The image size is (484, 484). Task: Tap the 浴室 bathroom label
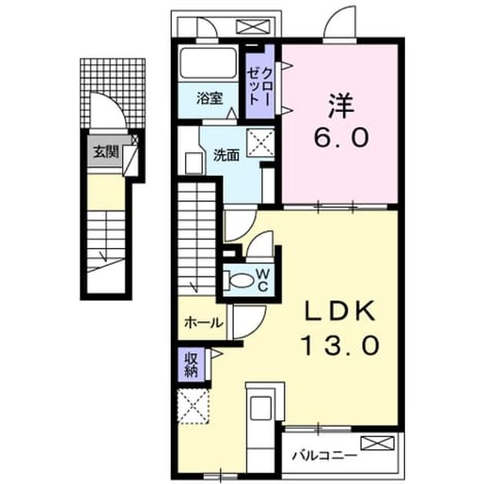(210, 98)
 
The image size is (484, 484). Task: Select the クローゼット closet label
(260, 87)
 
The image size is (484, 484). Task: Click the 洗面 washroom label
(227, 155)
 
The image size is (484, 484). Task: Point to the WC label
(263, 280)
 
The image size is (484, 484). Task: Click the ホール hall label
(204, 323)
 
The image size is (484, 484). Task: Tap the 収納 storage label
(191, 365)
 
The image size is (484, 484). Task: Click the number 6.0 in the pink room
(341, 137)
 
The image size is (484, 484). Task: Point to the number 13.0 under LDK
(340, 345)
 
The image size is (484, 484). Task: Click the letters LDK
(340, 311)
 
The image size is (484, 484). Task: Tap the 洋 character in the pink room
(341, 106)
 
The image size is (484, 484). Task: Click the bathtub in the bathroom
(208, 63)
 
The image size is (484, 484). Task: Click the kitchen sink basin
(261, 408)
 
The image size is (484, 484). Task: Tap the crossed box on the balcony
(378, 443)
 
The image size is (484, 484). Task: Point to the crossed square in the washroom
(261, 143)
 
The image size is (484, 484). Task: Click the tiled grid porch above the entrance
(113, 93)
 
